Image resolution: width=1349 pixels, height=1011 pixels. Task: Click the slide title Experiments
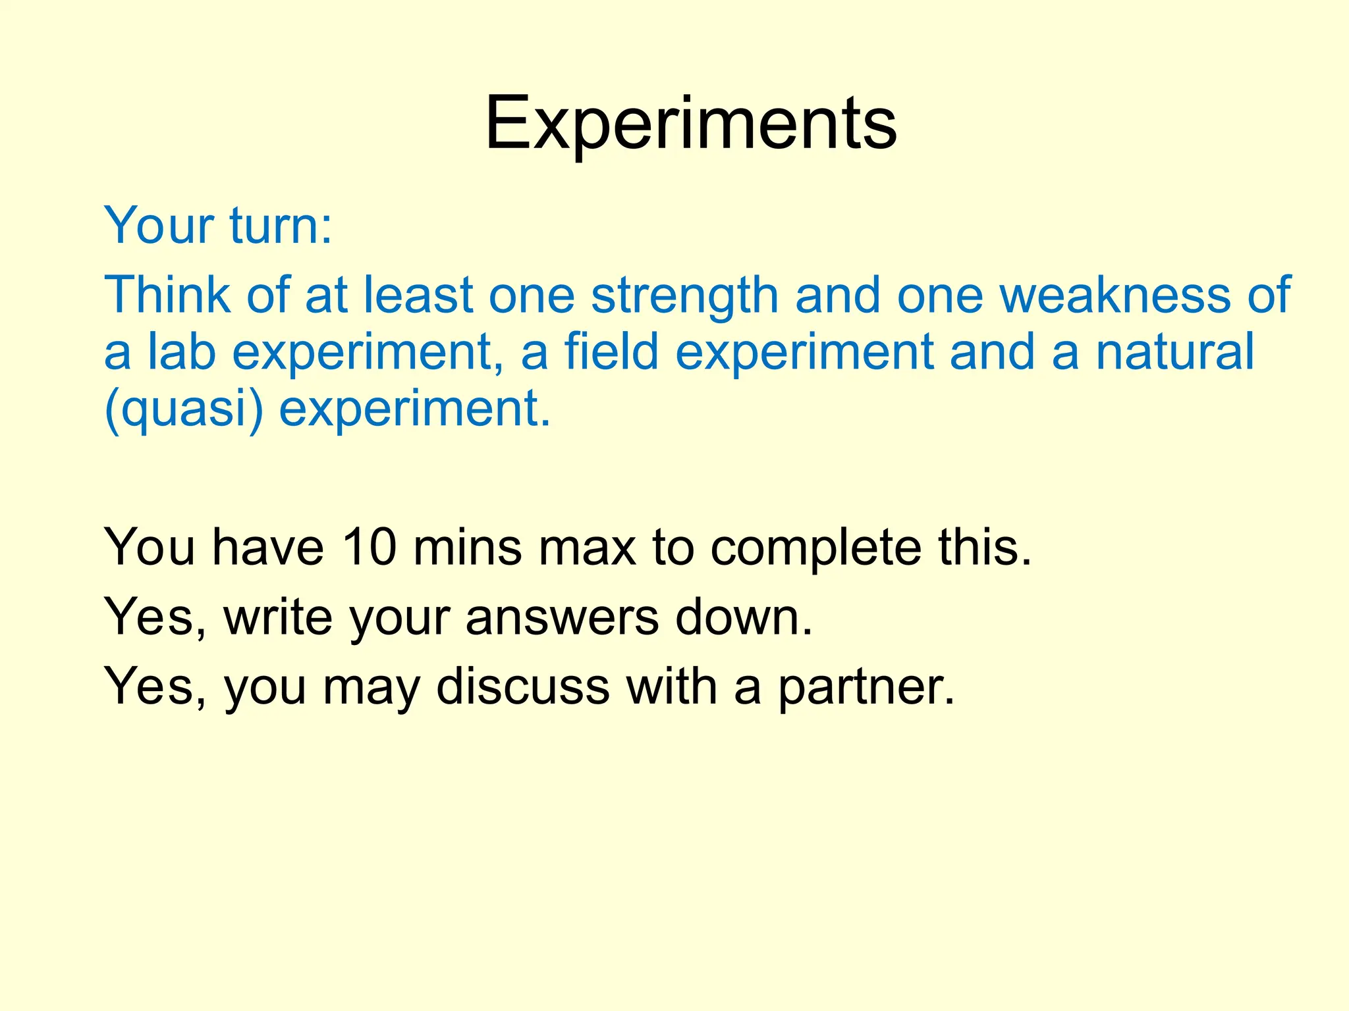coord(690,124)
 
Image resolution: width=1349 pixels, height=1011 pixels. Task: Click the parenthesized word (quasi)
coord(184,409)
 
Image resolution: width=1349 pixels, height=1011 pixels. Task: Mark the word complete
coord(816,548)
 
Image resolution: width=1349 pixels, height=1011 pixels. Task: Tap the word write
coord(278,617)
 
